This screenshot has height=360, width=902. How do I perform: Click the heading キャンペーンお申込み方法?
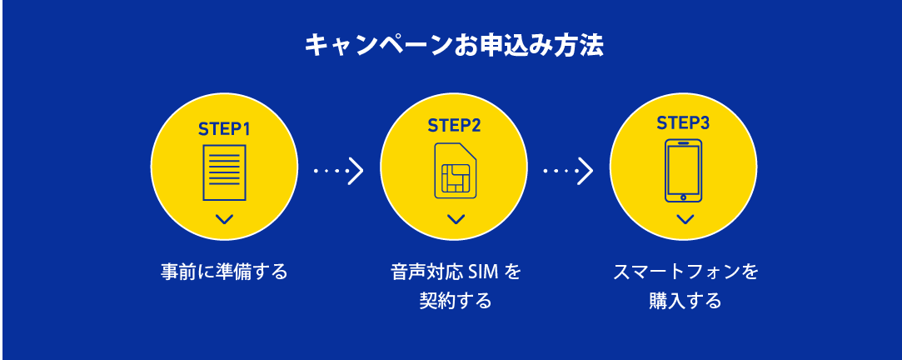(453, 45)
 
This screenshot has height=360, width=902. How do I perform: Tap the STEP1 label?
(224, 129)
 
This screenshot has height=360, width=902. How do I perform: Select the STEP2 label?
(454, 126)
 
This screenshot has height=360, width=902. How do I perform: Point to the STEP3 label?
(683, 123)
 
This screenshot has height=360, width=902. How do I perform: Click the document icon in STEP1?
(224, 172)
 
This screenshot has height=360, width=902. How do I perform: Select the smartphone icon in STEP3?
(683, 170)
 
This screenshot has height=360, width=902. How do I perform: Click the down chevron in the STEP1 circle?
(224, 220)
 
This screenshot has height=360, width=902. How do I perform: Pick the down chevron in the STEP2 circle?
(455, 219)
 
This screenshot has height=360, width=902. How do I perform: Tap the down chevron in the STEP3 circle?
(685, 219)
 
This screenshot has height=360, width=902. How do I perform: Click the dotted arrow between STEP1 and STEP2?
(339, 171)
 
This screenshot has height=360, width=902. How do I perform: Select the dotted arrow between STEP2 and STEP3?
(568, 171)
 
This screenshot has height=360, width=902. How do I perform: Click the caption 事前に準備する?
(224, 272)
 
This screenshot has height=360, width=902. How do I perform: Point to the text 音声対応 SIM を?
(455, 272)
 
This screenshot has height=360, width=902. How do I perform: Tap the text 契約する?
(455, 300)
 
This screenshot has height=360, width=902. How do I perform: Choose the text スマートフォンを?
(685, 272)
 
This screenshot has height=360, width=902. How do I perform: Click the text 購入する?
(685, 300)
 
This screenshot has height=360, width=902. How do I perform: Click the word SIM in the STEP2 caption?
(482, 272)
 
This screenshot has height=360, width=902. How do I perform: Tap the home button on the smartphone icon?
(683, 197)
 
